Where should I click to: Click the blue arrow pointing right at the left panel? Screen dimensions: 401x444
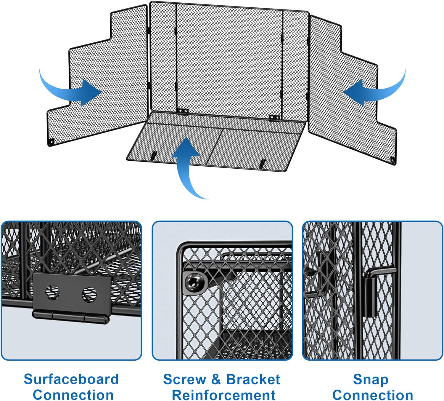click(x=74, y=89)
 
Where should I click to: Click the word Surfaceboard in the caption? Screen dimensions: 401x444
click(x=71, y=379)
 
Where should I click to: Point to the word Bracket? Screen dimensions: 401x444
click(x=253, y=379)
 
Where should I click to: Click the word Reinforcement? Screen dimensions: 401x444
click(x=224, y=395)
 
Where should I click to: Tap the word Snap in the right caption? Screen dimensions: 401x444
click(x=371, y=379)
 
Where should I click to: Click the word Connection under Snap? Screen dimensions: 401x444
click(x=373, y=395)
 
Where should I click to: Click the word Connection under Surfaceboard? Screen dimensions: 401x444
click(x=73, y=395)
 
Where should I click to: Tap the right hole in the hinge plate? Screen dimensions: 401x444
click(x=89, y=293)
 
